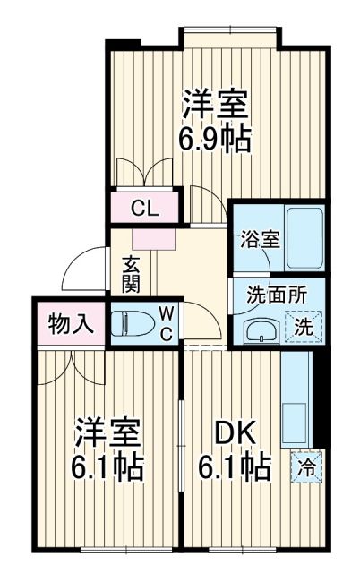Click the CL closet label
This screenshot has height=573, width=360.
pos(144,210)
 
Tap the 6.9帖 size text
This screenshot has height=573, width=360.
pos(215,139)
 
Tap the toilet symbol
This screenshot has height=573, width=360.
pos(132,322)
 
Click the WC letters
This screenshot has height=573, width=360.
pos(167,322)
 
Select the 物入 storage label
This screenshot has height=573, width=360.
pos(71,322)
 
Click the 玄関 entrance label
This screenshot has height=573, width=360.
pos(131,273)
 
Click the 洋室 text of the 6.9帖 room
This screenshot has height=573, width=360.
pos(215,103)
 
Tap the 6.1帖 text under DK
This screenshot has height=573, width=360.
pos(235,467)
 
